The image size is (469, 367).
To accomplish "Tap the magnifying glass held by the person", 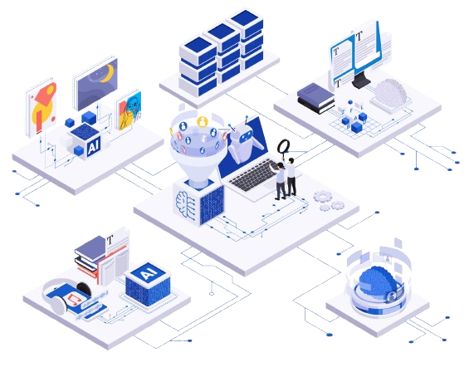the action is (x=283, y=147).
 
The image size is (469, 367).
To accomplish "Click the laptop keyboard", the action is (x=255, y=175).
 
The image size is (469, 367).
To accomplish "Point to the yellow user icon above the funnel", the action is (x=203, y=121).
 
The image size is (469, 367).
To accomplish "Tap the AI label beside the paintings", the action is (x=94, y=146).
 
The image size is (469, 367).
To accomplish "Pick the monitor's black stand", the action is (x=361, y=81).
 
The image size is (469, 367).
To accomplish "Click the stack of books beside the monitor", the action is (x=316, y=98).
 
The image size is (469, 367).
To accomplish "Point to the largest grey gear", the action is (x=322, y=196).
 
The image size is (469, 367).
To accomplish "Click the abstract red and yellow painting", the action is (x=42, y=107).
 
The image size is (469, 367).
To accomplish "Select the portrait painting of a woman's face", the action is (x=129, y=110).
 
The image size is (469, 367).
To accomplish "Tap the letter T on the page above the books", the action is (x=110, y=240).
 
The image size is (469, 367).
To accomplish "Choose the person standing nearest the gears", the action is (x=291, y=177).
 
